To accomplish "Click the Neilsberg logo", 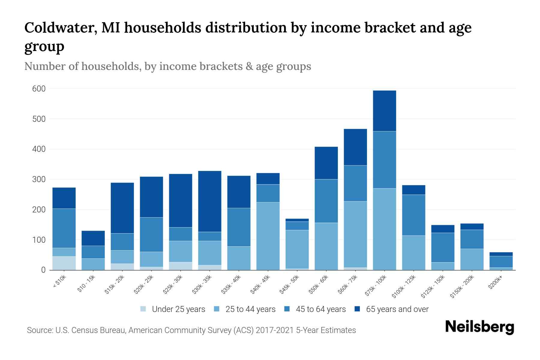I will (479, 327).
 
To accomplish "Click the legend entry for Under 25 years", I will (178, 309).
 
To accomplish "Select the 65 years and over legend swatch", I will (357, 309).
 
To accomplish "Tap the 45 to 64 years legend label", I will (320, 309).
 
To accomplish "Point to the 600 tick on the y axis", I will (39, 89).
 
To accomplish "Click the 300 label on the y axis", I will (39, 179).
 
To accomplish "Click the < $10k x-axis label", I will (59, 282).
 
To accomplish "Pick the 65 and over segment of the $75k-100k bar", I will (384, 111).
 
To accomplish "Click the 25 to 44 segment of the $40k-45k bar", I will (268, 236).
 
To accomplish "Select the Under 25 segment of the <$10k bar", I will (64, 263).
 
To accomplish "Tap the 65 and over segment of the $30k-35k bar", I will (210, 201).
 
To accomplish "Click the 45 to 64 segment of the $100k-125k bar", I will (413, 215).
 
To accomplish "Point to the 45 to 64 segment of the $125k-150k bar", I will (442, 247).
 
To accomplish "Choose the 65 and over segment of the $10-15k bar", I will (93, 238).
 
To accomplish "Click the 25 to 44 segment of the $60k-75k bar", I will (355, 234).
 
